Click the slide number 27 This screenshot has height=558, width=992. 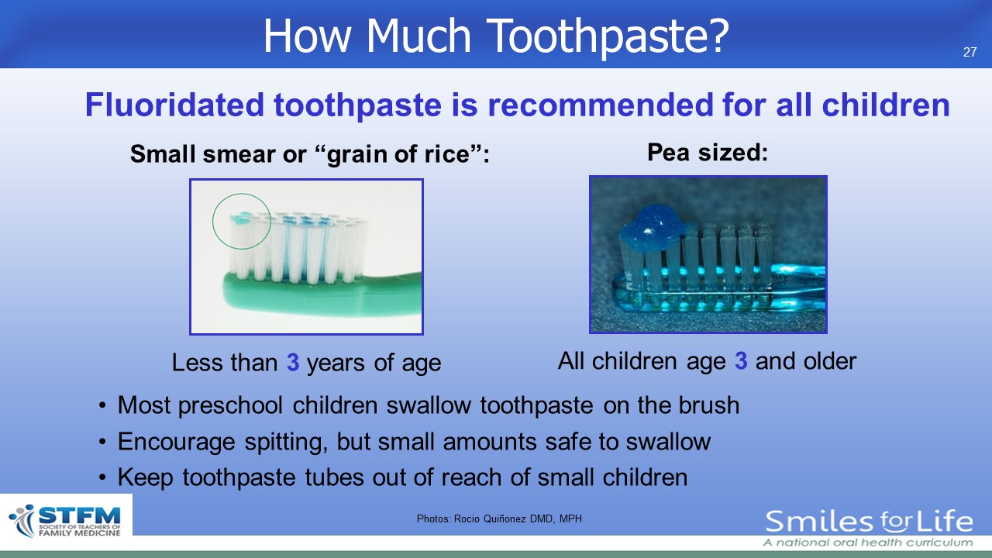pos(970,52)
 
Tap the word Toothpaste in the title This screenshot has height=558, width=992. pos(610,36)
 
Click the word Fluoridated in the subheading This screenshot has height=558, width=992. pos(174,105)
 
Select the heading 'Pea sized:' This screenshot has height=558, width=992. pos(708,153)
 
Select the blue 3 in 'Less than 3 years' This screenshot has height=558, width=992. pos(293,362)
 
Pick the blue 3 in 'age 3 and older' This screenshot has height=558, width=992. pos(741,360)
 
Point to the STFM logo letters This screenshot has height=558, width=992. pos(80,515)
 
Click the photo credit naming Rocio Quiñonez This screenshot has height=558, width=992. pos(499,518)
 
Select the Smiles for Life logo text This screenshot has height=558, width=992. pos(869,522)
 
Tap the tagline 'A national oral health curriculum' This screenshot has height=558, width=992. pos(868,542)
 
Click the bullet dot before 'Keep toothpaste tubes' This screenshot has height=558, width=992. pos(103,478)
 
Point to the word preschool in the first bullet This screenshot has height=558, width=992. pos(230,406)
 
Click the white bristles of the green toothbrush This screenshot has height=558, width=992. pos(298,248)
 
